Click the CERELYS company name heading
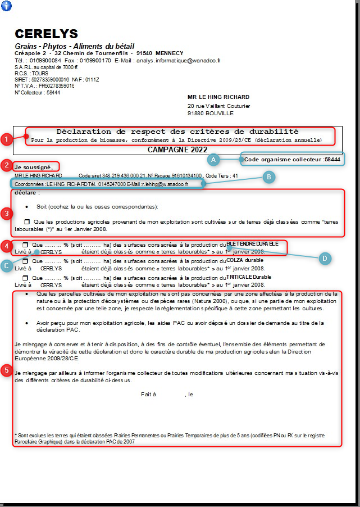46,34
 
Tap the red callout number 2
6,165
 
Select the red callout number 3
6,213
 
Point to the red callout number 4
6,246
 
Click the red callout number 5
6,370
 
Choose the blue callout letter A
213,160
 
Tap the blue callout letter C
8,266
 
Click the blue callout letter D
323,259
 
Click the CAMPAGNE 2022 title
177,150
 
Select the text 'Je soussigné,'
34,166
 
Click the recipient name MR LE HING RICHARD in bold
218,97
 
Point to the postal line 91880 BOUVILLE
211,113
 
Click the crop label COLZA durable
244,260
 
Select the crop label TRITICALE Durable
249,277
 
